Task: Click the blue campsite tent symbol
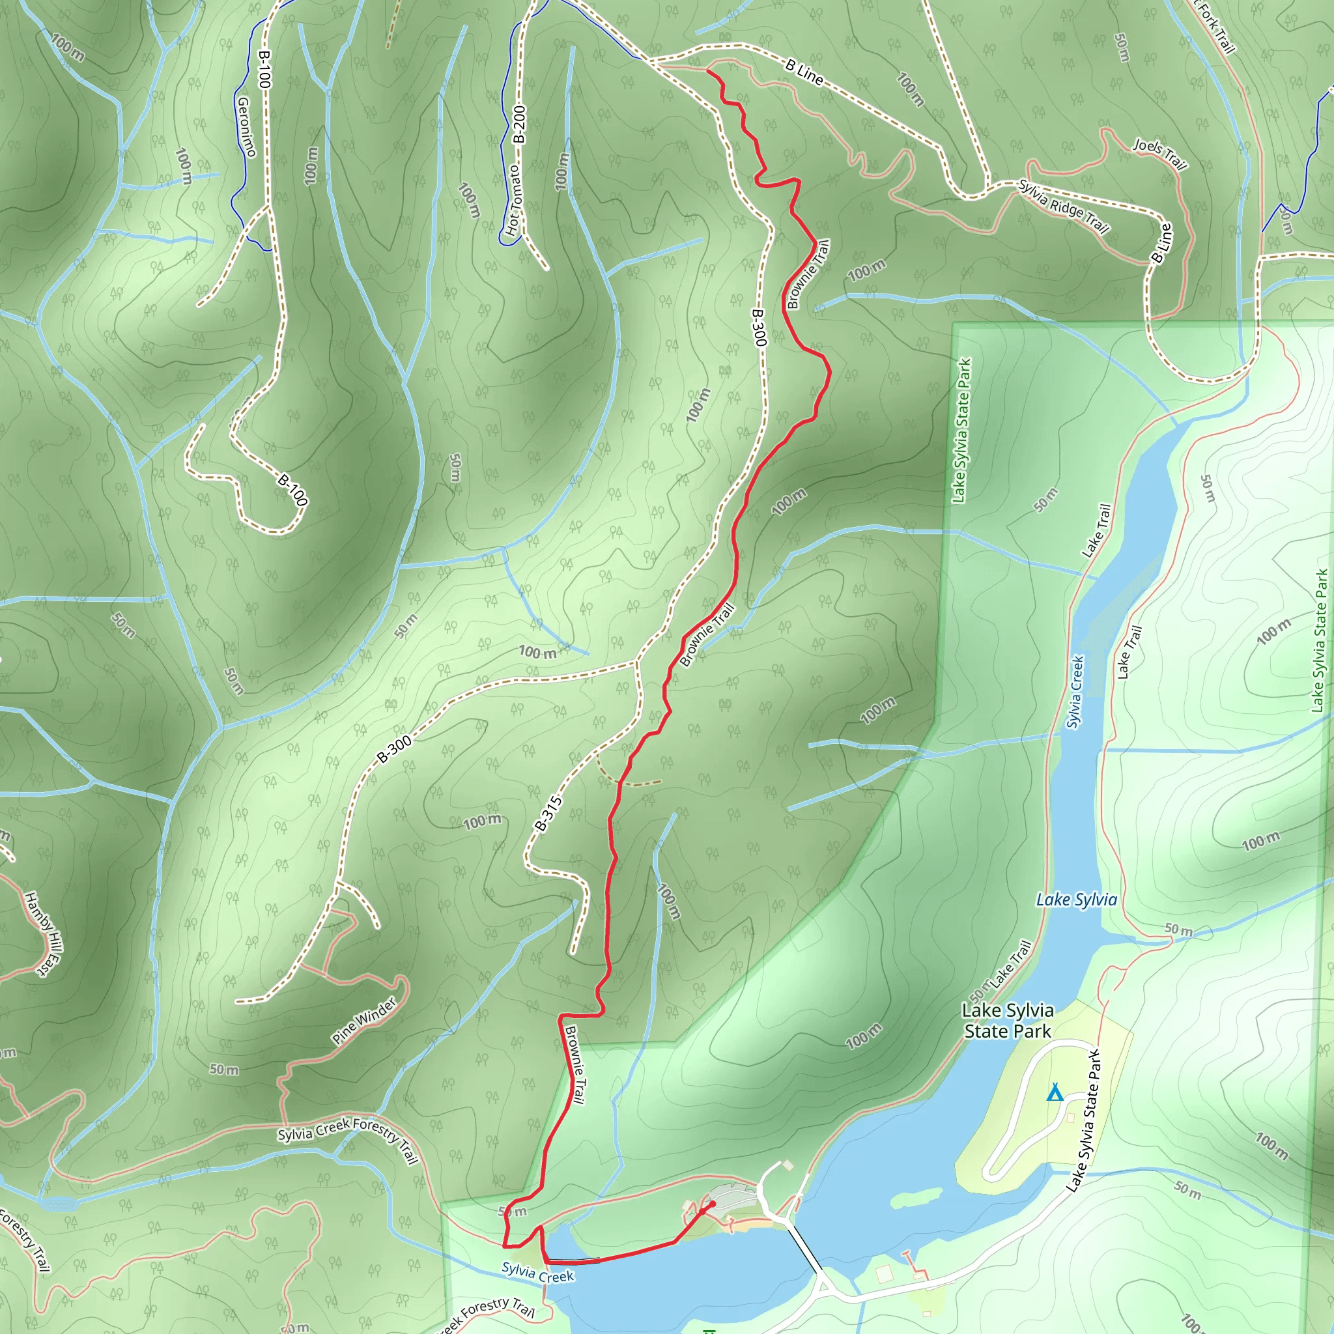click(1054, 1093)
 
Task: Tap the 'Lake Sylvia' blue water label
click(1076, 900)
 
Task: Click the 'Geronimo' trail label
click(246, 126)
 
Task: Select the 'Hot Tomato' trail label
click(513, 200)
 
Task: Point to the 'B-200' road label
click(519, 124)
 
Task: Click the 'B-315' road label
click(549, 814)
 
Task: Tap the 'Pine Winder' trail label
click(364, 1021)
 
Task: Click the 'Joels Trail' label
click(1159, 154)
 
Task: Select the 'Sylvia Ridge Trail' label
click(1063, 206)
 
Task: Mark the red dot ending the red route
click(713, 1204)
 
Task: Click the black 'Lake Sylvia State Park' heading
click(1008, 1021)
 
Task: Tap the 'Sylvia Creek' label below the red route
click(537, 1272)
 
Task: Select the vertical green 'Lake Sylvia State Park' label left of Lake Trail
click(961, 429)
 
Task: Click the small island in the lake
click(917, 1197)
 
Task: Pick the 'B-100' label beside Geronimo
click(263, 68)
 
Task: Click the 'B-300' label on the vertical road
click(758, 327)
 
